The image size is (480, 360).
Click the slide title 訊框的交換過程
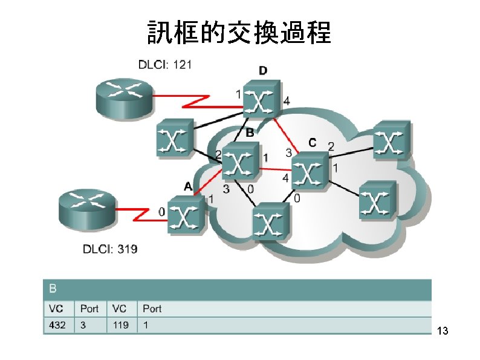[x=239, y=33]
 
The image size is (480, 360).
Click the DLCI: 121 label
[x=167, y=64]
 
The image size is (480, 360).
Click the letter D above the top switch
[x=263, y=71]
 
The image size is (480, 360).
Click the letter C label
[x=312, y=143]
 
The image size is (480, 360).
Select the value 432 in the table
[x=57, y=325]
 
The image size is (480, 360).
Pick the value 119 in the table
[x=120, y=325]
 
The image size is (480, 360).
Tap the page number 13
[x=442, y=331]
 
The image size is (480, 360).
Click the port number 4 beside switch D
[x=287, y=102]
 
